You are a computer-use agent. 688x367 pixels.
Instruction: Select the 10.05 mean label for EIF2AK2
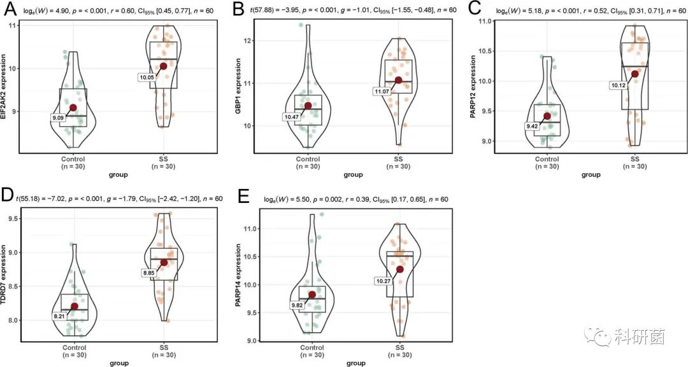(x=147, y=77)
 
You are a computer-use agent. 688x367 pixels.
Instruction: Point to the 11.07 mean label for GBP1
(x=382, y=92)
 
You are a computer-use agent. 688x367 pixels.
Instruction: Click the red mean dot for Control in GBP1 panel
(x=308, y=106)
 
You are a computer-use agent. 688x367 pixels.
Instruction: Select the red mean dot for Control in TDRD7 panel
(x=75, y=307)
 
